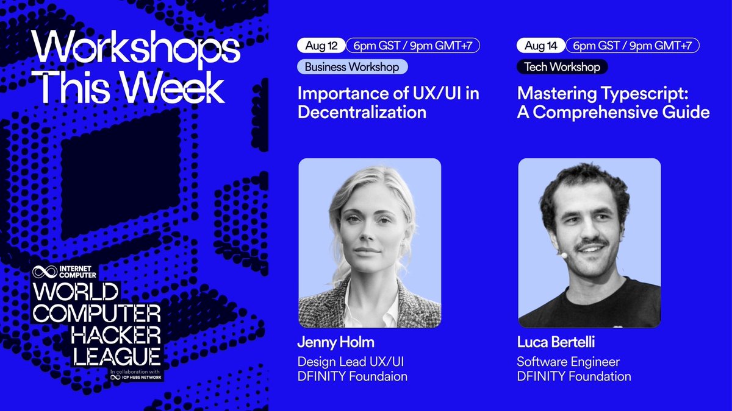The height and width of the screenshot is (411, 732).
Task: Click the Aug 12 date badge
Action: click(x=321, y=46)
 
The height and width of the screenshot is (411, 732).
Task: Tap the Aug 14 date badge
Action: click(x=540, y=46)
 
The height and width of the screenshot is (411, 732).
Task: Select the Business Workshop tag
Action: click(x=353, y=67)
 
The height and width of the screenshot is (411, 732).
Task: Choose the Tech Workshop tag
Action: click(x=562, y=67)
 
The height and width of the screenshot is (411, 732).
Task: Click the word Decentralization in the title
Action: click(x=362, y=113)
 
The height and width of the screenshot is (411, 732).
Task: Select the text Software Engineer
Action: click(x=569, y=362)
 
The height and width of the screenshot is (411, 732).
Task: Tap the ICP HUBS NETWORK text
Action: click(x=137, y=378)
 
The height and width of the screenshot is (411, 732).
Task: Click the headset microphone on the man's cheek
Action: click(x=564, y=256)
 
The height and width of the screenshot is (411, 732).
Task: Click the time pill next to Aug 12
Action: click(x=413, y=46)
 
